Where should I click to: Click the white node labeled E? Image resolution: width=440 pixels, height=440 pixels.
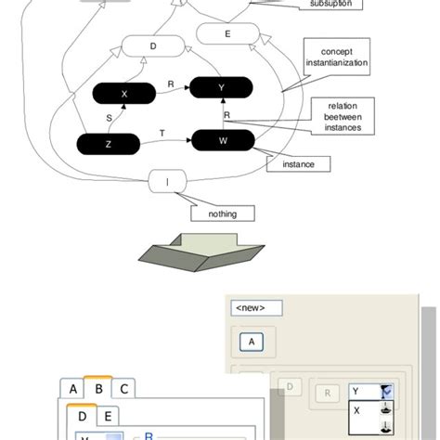pos(226,34)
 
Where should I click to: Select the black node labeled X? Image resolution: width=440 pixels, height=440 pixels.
pos(123,94)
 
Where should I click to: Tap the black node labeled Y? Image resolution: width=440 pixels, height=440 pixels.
pos(221,87)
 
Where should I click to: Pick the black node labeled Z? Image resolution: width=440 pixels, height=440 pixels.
pos(109,144)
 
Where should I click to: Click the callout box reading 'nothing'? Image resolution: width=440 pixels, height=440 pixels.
pos(222,214)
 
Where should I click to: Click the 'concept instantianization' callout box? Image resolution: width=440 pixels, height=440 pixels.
pos(337,57)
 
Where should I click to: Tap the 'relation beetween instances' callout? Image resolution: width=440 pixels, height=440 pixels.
pos(337,118)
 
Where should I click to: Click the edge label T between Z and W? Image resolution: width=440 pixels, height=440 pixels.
pos(162,134)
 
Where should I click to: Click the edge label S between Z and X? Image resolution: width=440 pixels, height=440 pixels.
pos(109,118)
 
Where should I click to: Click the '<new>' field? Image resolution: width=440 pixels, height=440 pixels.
pos(256,307)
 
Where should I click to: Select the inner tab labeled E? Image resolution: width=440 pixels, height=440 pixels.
pos(107,417)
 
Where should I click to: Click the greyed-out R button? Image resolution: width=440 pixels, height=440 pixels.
pos(327,394)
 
